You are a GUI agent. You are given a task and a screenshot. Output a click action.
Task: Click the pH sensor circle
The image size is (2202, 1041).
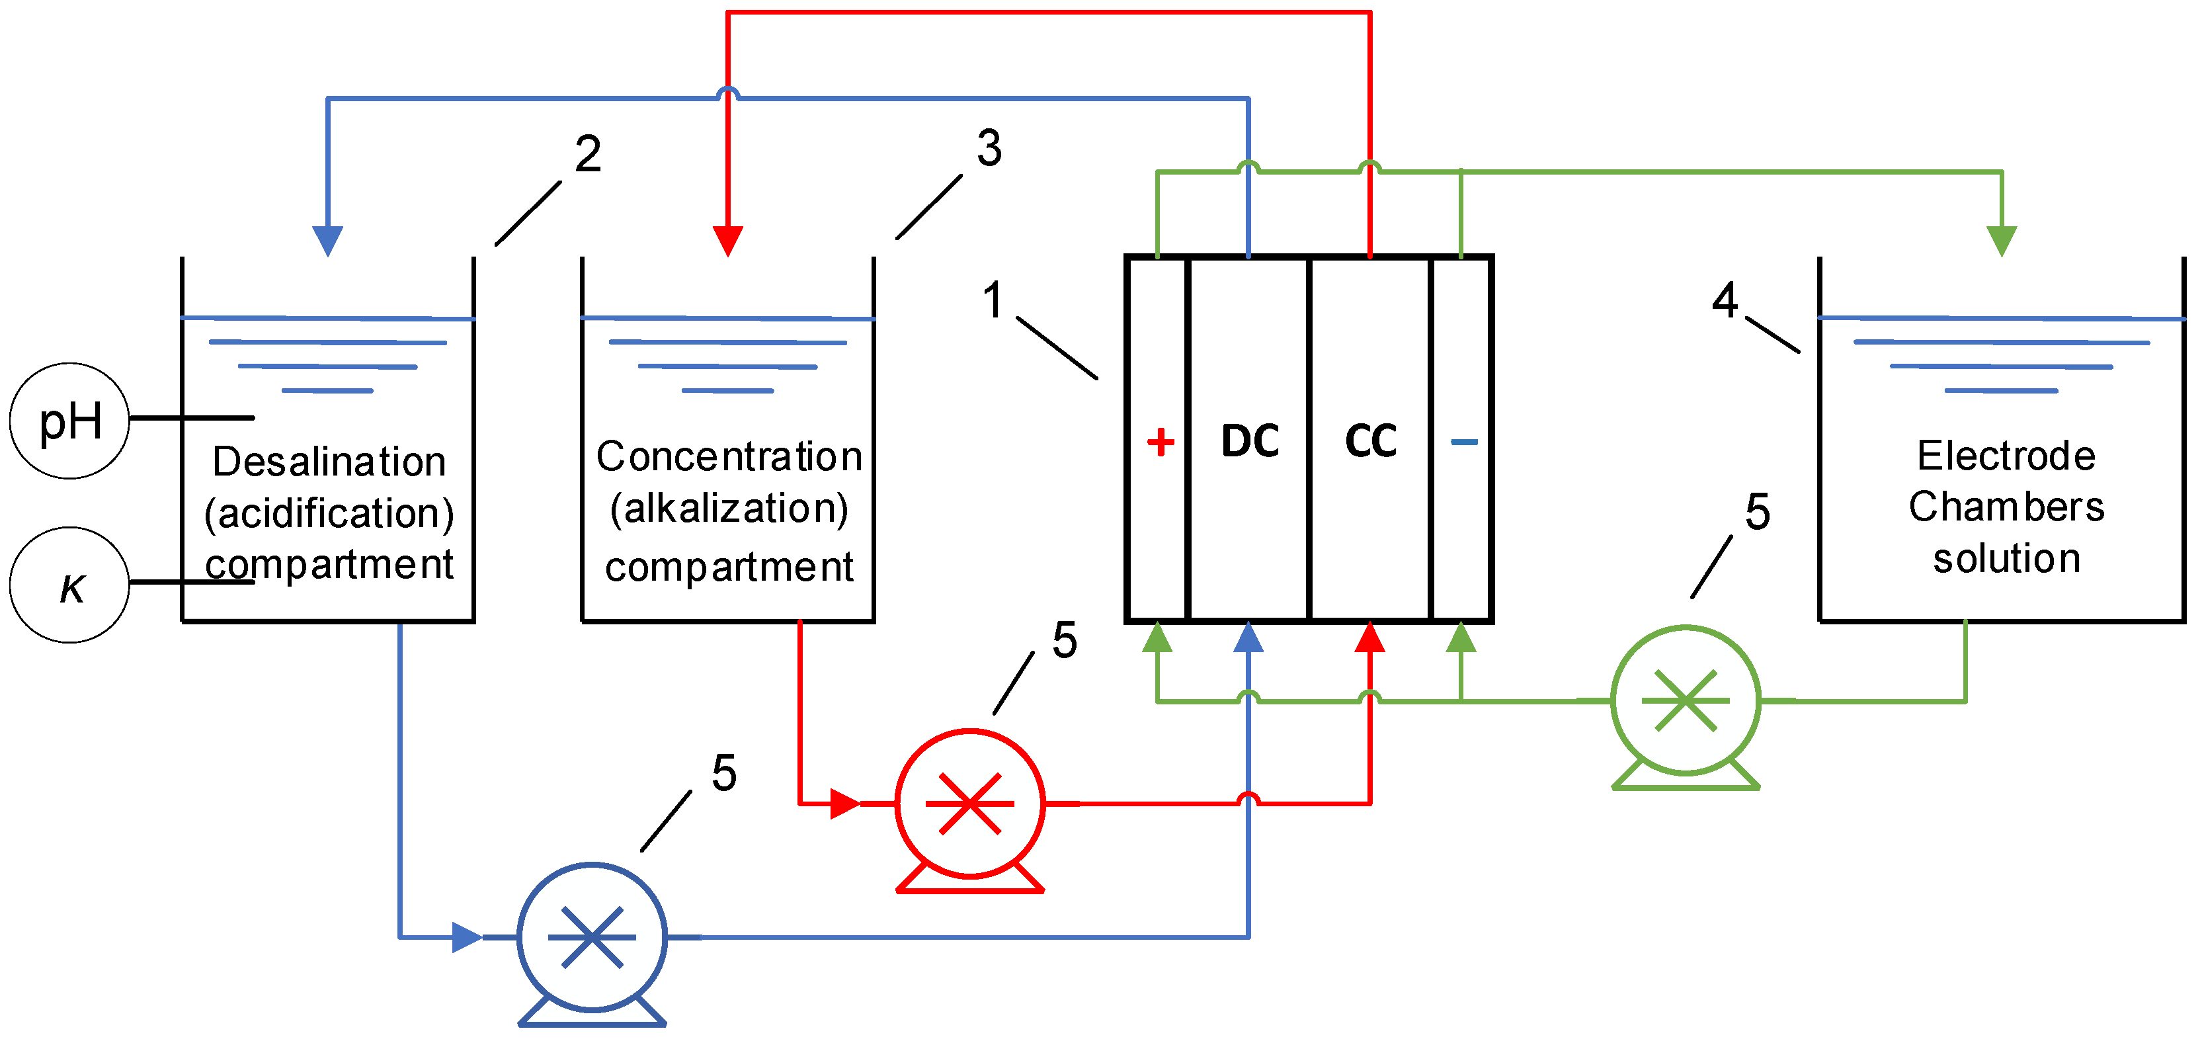click(x=69, y=421)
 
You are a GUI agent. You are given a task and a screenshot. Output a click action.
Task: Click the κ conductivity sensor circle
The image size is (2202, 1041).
click(x=69, y=585)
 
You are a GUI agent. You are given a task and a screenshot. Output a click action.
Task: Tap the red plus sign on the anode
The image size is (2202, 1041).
click(x=1160, y=442)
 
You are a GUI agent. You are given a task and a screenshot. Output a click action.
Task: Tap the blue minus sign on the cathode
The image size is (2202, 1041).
click(x=1463, y=442)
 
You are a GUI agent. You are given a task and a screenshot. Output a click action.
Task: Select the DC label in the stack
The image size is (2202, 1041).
click(x=1250, y=441)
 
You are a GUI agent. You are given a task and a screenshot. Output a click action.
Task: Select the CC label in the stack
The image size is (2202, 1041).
click(x=1370, y=441)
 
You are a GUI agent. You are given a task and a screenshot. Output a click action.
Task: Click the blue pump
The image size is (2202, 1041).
click(x=592, y=938)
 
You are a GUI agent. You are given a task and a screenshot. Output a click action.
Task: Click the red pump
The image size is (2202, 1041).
click(x=969, y=804)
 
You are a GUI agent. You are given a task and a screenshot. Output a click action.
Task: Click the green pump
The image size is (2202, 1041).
click(x=1685, y=701)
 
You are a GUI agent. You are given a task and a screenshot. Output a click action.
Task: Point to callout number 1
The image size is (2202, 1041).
click(x=993, y=300)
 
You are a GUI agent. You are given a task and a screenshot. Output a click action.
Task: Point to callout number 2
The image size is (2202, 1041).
click(x=587, y=154)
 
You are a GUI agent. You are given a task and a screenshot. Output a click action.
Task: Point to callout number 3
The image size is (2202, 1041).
click(x=989, y=148)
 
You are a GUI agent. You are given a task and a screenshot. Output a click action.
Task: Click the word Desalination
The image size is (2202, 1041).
click(x=329, y=462)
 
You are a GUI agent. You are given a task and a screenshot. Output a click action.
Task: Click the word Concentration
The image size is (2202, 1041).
click(x=729, y=456)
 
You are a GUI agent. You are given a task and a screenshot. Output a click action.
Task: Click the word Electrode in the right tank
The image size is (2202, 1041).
click(x=2006, y=456)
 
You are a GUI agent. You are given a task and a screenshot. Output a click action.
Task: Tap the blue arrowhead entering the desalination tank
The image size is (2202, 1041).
click(x=327, y=240)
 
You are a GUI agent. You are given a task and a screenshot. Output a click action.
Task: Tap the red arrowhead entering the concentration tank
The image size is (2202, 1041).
click(x=727, y=240)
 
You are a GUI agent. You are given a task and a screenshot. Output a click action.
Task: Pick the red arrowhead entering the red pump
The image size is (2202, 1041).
click(x=844, y=804)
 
